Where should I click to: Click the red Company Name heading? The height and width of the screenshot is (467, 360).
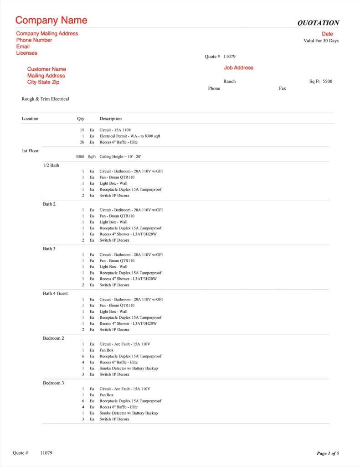[51, 21]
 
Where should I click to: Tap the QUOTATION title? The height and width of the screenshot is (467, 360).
[318, 23]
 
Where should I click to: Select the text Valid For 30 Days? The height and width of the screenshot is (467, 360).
[321, 41]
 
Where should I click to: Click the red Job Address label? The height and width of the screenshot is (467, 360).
[238, 67]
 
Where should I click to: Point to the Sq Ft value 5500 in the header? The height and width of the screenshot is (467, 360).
[327, 81]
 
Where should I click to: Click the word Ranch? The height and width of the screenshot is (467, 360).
[230, 81]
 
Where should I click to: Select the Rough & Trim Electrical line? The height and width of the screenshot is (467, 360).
[46, 99]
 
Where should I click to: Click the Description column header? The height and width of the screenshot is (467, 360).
[111, 119]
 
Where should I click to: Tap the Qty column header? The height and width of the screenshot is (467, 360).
[81, 119]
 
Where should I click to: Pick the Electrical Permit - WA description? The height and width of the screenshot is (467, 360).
[130, 136]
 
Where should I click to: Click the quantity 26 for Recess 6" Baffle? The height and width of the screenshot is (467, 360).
[82, 142]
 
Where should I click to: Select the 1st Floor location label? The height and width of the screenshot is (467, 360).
[30, 150]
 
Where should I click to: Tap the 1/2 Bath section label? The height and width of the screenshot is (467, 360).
[51, 165]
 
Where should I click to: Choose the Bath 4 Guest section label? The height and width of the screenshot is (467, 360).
[55, 293]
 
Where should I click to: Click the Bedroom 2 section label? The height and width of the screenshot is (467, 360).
[53, 338]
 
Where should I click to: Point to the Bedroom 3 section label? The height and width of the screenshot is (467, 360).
[53, 383]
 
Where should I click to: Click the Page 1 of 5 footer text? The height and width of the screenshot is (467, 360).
[328, 453]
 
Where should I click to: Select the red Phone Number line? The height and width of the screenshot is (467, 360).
[34, 40]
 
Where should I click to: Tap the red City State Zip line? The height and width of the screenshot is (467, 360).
[43, 82]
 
